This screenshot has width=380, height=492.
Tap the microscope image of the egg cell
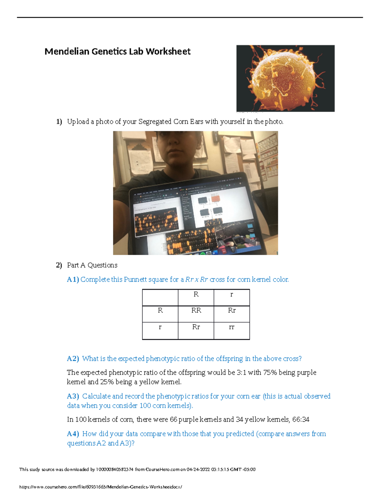[x=285, y=78]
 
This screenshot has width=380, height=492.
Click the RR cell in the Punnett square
[x=196, y=310]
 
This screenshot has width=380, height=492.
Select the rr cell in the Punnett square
[x=231, y=327]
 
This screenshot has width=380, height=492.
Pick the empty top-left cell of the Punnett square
[x=160, y=297]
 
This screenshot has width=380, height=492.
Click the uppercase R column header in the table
[x=196, y=294]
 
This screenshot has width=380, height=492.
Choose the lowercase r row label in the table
[x=160, y=327]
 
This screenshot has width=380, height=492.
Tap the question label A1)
[x=73, y=279]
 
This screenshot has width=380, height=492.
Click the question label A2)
[x=73, y=359]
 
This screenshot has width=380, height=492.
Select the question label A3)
[x=73, y=396]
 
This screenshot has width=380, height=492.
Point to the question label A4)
[x=73, y=434]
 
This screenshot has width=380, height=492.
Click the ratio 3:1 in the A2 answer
[x=241, y=373]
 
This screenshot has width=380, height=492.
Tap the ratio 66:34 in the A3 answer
[x=301, y=419]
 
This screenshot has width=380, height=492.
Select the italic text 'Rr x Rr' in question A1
[x=196, y=279]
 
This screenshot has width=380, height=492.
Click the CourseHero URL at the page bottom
[x=101, y=487]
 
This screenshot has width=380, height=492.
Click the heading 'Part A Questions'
[x=92, y=265]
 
